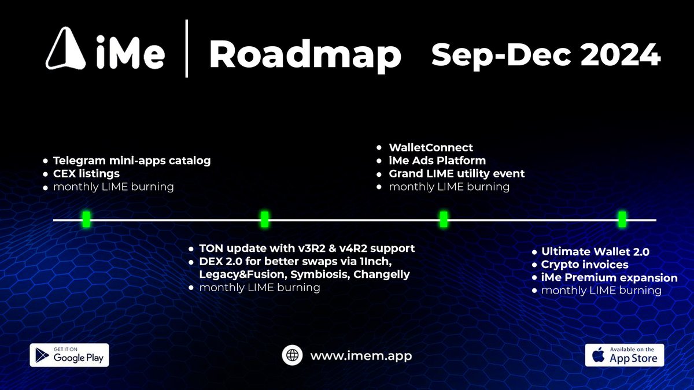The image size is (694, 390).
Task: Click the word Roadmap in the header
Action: coord(305,55)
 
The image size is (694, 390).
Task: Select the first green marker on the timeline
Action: coord(86,219)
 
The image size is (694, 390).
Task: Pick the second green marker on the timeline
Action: coord(265,219)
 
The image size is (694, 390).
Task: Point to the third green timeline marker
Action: coord(444,219)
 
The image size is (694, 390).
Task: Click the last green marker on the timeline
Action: coord(622,219)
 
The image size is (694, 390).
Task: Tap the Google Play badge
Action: coord(69,355)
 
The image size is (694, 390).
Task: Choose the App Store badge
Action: coord(625,355)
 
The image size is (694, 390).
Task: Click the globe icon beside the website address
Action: coord(293,355)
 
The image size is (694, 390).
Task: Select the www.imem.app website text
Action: coord(361,356)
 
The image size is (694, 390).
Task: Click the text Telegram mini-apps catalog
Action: coord(132,161)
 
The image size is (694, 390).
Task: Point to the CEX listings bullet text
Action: coord(87,173)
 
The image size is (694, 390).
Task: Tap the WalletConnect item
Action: coord(431,147)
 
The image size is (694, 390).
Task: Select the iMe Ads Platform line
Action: coord(437,161)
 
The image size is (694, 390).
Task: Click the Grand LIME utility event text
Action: coord(456,173)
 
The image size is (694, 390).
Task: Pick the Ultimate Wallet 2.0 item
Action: coord(595,252)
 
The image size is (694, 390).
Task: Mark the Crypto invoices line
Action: coord(585,265)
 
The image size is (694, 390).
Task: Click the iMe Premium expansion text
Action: coord(609,278)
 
